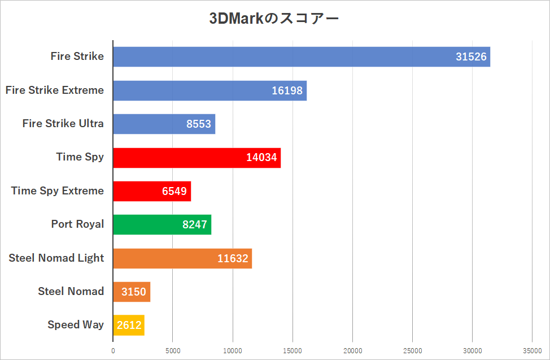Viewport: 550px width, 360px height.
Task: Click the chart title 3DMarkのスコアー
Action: coord(274,18)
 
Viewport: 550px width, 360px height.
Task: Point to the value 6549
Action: coord(174,191)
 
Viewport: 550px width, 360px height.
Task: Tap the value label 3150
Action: coord(133,292)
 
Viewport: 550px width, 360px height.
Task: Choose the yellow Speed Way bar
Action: coord(128,326)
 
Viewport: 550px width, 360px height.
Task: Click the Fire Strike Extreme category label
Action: coord(55,90)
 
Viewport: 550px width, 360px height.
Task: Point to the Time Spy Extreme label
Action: coord(58,190)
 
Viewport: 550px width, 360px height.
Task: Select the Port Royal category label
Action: coord(77,224)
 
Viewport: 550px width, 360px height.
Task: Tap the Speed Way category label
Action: coord(76,325)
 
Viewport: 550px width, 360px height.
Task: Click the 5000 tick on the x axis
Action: coord(173,350)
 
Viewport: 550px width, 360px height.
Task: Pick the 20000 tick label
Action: coord(352,350)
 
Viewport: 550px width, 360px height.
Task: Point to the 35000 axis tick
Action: coord(532,350)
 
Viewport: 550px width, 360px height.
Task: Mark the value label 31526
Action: coord(471,57)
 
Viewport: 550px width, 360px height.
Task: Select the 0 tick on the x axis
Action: coord(113,350)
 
